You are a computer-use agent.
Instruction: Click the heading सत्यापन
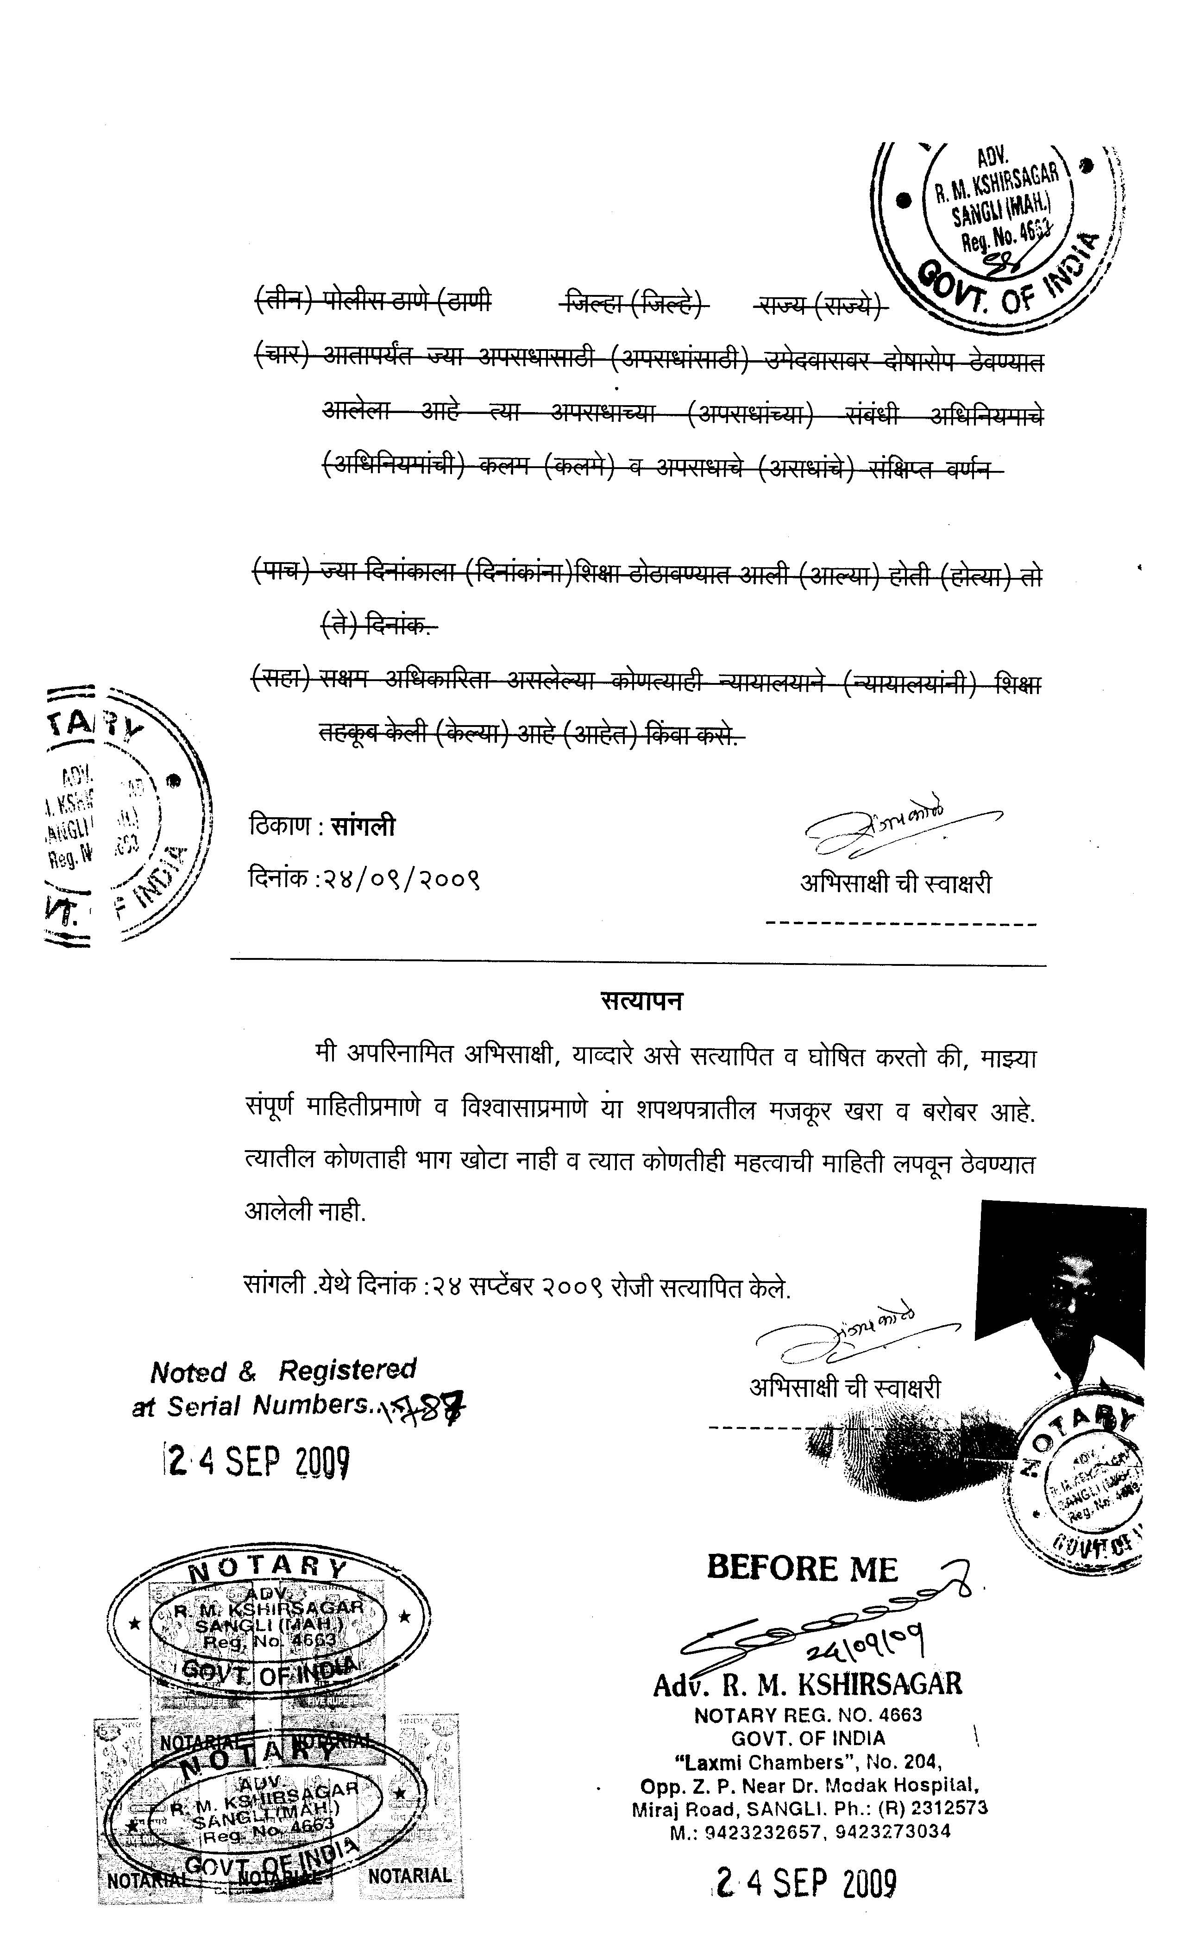[x=641, y=1001]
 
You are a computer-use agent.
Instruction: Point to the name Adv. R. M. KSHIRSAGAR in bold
[x=808, y=1685]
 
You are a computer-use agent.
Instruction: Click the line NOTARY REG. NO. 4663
[x=808, y=1716]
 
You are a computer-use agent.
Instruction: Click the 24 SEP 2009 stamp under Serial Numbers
[x=256, y=1462]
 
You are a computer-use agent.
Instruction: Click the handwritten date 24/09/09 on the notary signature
[x=865, y=1642]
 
